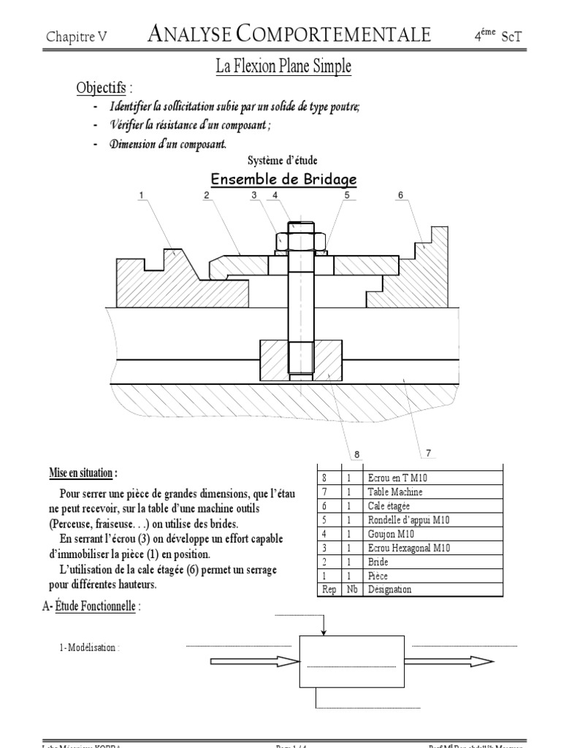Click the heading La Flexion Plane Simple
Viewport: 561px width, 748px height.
point(283,67)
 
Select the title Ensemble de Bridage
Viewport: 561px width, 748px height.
point(283,180)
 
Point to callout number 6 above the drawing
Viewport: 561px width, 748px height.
point(400,195)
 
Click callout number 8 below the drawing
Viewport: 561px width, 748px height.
point(357,454)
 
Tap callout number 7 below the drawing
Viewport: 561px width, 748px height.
point(428,453)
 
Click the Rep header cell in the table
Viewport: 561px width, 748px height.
point(329,589)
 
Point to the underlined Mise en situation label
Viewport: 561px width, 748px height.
point(81,473)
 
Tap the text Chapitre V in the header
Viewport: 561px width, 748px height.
point(77,37)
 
